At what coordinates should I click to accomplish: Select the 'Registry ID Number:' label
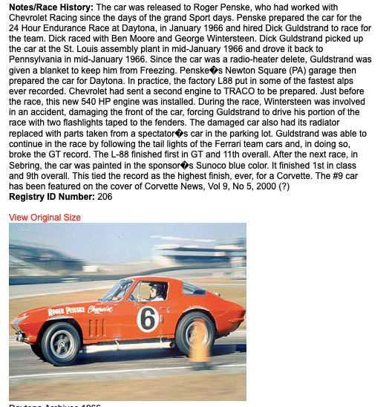point(50,197)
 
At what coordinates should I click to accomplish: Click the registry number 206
point(104,197)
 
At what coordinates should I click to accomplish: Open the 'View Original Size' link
point(45,218)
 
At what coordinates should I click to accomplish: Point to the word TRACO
point(248,102)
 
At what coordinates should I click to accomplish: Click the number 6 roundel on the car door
point(147,319)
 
